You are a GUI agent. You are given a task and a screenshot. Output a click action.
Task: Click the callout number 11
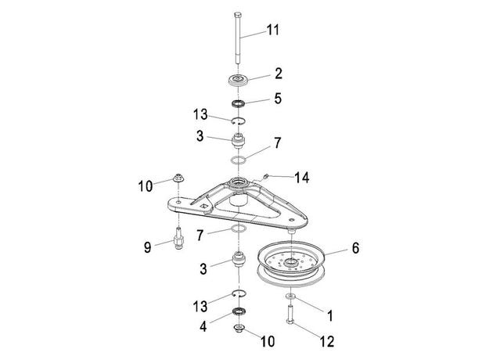273,31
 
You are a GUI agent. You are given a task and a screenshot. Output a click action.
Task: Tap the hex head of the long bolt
238,14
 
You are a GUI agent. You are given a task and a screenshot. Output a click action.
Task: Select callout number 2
279,74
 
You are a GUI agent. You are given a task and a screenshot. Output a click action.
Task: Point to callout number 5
278,99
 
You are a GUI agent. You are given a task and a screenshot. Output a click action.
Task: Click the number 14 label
302,178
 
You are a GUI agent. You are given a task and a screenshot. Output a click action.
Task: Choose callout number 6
355,248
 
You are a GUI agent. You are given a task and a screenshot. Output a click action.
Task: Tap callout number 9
147,247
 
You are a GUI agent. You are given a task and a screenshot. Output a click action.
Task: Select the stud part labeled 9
178,238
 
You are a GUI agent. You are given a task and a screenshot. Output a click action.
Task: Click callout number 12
327,341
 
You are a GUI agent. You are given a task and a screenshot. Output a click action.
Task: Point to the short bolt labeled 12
290,315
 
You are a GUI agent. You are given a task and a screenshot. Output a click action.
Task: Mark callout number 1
329,315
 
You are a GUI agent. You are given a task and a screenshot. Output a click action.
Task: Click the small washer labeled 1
290,296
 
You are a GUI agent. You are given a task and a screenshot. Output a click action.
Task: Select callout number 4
203,326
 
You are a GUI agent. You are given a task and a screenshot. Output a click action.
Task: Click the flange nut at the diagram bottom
239,328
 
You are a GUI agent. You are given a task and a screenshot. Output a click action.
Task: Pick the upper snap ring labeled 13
239,121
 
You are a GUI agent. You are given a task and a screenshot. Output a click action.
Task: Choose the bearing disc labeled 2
239,80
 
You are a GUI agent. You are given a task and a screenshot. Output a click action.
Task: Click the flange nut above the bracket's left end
178,178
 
